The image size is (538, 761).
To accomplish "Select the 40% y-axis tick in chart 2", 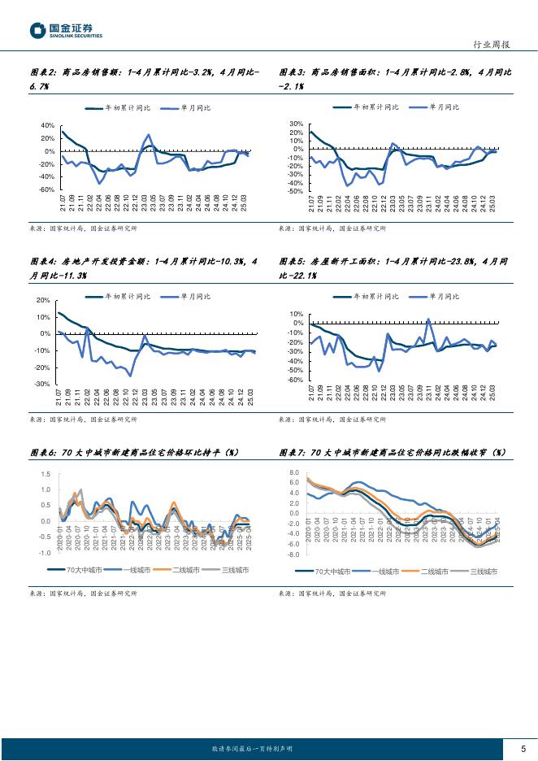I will (x=47, y=125).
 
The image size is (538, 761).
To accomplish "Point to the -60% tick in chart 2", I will (x=47, y=189).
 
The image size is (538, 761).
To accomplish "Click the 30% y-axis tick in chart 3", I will (x=296, y=124).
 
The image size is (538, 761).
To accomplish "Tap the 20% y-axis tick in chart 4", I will (x=43, y=300).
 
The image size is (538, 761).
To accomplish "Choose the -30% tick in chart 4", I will (x=42, y=384).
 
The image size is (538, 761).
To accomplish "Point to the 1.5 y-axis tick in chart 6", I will (x=46, y=474).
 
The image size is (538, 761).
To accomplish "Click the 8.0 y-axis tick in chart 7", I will (x=294, y=472).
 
